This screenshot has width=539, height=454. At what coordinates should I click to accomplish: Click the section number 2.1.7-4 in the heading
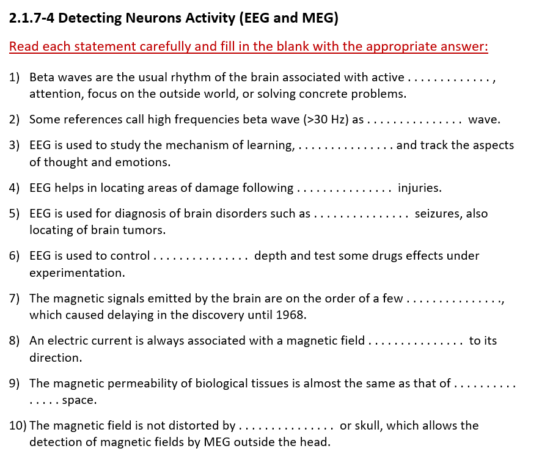tap(32, 18)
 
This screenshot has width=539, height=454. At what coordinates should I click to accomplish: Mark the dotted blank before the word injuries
tap(344, 188)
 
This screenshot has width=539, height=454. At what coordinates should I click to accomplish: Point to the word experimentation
tap(76, 273)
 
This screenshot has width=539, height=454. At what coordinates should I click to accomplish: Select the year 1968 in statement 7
tap(290, 315)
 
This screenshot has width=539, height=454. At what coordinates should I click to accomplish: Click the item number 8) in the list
tap(15, 341)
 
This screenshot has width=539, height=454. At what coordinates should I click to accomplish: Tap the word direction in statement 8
tap(55, 358)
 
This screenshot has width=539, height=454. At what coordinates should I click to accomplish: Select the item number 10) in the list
tap(17, 425)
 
